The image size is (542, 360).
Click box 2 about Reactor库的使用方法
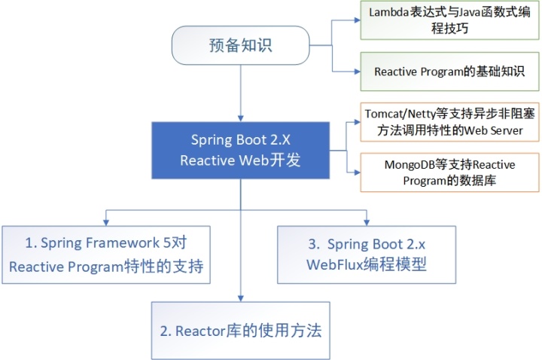click(240, 330)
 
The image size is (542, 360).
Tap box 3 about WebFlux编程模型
click(367, 255)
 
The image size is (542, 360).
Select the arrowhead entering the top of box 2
click(240, 299)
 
